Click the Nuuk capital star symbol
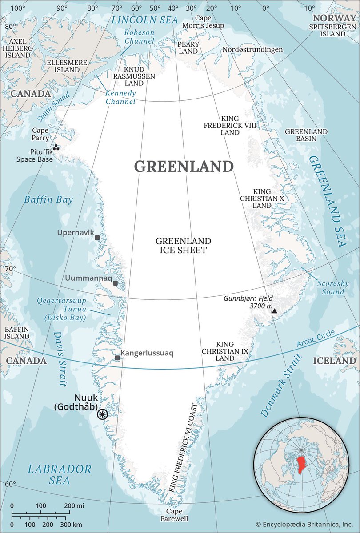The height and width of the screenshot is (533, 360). pyautogui.click(x=103, y=414)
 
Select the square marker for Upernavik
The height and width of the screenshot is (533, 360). pyautogui.click(x=97, y=238)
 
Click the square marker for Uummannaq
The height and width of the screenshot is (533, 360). pyautogui.click(x=115, y=283)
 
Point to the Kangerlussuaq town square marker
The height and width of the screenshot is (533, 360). pyautogui.click(x=117, y=358)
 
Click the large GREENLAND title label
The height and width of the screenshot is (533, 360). pyautogui.click(x=184, y=167)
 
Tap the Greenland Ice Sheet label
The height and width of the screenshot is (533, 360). pyautogui.click(x=183, y=246)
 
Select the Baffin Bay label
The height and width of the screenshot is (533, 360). pyautogui.click(x=49, y=200)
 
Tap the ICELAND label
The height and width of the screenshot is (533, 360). pyautogui.click(x=334, y=361)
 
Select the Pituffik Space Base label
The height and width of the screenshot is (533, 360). pyautogui.click(x=35, y=155)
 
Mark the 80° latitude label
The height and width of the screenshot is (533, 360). pyautogui.click(x=10, y=26)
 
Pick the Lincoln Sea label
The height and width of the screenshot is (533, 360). pyautogui.click(x=144, y=20)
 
